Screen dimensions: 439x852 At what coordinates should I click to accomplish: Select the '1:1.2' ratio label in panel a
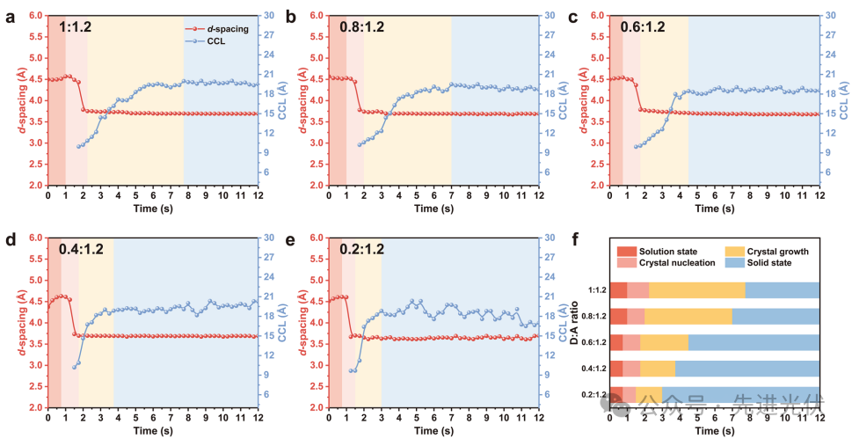click(x=76, y=27)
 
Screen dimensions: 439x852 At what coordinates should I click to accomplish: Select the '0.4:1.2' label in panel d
click(x=81, y=249)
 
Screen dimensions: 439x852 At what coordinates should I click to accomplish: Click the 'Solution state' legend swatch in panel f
click(x=626, y=251)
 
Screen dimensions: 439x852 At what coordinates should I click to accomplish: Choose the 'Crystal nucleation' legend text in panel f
click(x=676, y=263)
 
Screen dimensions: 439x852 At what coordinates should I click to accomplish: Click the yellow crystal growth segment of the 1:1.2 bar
click(x=696, y=290)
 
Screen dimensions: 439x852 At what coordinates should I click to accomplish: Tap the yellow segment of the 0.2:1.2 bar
click(x=649, y=394)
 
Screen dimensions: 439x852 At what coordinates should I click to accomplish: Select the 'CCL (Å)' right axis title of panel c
click(x=844, y=99)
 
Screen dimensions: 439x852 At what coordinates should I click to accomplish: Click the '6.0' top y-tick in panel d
click(x=38, y=238)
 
